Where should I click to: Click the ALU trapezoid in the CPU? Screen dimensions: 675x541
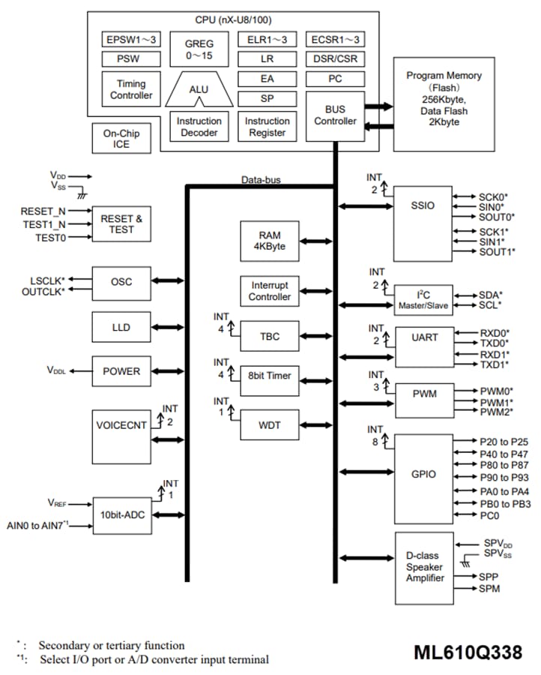(x=199, y=91)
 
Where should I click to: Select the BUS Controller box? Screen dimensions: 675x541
(x=335, y=115)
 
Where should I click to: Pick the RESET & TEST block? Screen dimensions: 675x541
(x=121, y=224)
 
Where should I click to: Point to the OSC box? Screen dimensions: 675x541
(x=121, y=281)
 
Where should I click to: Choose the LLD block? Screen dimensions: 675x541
(x=121, y=326)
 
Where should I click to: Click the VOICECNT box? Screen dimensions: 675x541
(x=121, y=424)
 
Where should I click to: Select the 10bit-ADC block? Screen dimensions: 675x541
(x=121, y=514)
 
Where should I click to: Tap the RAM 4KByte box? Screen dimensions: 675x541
(x=270, y=241)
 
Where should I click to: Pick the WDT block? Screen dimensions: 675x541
(x=270, y=424)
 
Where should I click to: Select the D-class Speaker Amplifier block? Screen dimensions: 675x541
(x=425, y=568)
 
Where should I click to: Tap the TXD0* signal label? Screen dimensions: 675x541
(x=495, y=342)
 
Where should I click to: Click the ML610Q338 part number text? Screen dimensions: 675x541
(x=468, y=652)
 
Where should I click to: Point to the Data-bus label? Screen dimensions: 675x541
(x=262, y=180)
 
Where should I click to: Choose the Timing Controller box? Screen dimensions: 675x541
(x=131, y=89)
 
